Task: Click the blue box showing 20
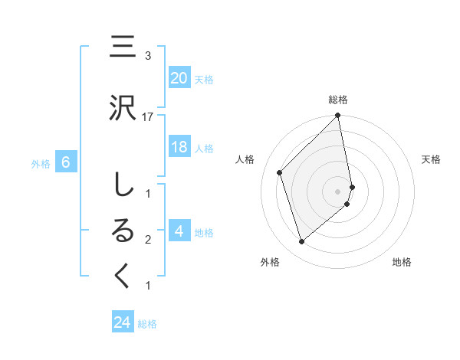click(x=179, y=78)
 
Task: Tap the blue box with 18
click(x=179, y=148)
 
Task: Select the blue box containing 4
click(x=179, y=231)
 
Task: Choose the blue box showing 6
click(x=67, y=162)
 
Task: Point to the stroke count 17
click(x=148, y=116)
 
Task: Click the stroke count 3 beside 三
click(x=148, y=56)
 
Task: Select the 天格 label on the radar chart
click(x=432, y=159)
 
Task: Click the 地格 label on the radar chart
click(x=402, y=262)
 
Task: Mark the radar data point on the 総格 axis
click(x=338, y=116)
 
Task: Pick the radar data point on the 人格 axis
click(x=280, y=172)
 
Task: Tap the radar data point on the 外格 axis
click(x=302, y=242)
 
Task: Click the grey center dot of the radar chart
click(x=338, y=191)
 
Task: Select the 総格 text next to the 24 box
click(x=147, y=324)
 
